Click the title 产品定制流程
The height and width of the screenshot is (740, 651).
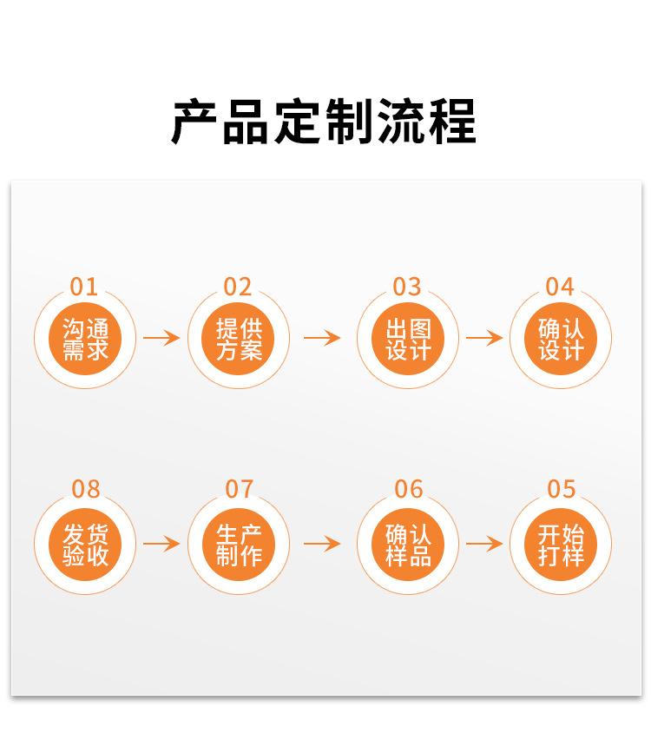(x=324, y=122)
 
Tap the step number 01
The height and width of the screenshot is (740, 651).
(x=84, y=287)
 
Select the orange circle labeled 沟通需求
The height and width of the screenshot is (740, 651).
(x=85, y=339)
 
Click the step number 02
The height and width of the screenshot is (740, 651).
(x=238, y=287)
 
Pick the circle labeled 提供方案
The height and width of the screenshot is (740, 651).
(x=239, y=339)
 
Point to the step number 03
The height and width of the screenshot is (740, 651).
(x=407, y=287)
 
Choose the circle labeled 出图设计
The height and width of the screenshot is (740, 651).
(x=408, y=339)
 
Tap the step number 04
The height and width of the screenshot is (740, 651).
(x=560, y=287)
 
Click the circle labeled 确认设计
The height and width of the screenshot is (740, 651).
(x=561, y=339)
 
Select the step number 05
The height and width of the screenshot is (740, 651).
(x=561, y=490)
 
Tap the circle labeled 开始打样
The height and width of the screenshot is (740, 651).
(x=561, y=545)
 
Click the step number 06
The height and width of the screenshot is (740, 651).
(x=408, y=490)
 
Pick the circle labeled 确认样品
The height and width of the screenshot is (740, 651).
(x=408, y=545)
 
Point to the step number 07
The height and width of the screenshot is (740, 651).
(x=239, y=490)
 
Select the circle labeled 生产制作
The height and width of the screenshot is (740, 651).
(x=239, y=545)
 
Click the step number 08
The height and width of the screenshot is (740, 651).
(x=86, y=490)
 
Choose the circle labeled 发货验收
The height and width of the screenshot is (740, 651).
(x=85, y=545)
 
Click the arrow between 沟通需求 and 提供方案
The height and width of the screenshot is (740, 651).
(x=161, y=338)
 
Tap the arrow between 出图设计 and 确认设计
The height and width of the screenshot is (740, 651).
(x=484, y=338)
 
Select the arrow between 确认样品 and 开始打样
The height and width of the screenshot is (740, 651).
(x=484, y=545)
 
